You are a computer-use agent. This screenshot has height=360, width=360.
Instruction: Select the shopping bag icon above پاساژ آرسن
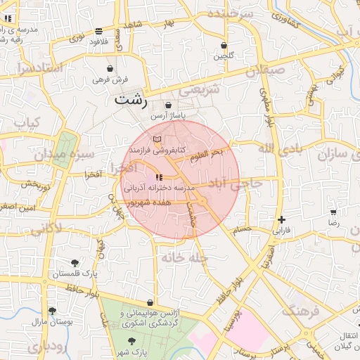168,105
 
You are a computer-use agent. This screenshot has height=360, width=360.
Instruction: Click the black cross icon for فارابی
281,220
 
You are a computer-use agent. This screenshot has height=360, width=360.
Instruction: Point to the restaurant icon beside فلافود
98,31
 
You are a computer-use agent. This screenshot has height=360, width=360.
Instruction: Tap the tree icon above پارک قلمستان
75,264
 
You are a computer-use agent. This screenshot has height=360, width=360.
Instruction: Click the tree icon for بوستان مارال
51,310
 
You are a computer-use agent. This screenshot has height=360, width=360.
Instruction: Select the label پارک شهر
132,353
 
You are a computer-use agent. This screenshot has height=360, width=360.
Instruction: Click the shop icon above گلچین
224,45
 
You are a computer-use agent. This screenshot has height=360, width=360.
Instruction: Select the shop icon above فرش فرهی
110,69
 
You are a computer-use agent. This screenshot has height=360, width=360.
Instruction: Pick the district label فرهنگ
302,310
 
